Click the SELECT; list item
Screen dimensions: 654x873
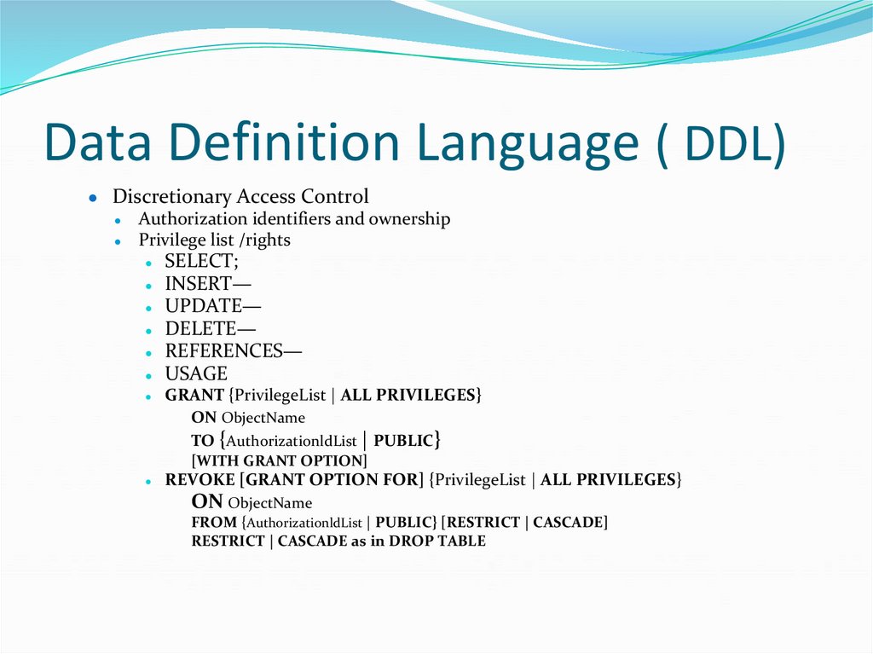(202, 262)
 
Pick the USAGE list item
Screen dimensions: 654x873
(196, 373)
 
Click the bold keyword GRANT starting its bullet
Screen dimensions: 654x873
(194, 396)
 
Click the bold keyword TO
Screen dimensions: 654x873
(203, 441)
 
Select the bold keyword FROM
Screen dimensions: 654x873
(214, 522)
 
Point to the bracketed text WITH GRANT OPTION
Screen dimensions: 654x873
(280, 461)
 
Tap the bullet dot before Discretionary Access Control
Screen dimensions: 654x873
(92, 197)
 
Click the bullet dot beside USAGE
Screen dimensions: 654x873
(148, 374)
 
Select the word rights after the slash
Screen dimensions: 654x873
(267, 240)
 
